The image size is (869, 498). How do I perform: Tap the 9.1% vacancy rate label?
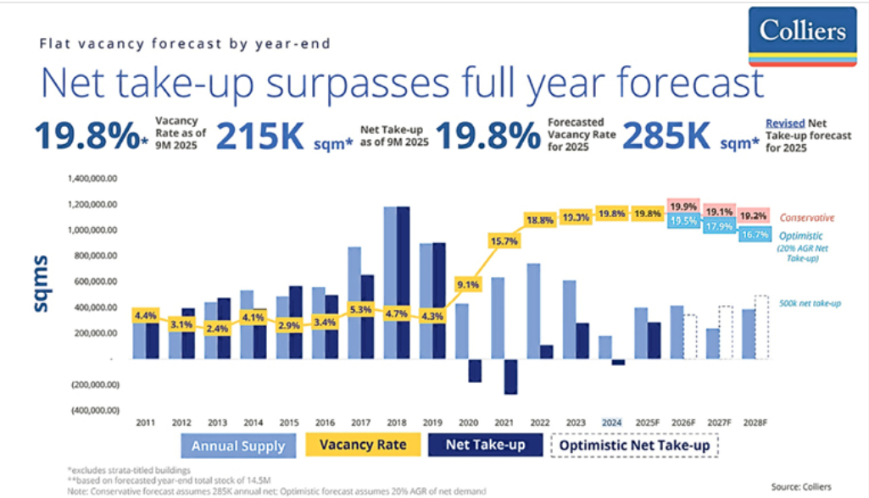coord(468,285)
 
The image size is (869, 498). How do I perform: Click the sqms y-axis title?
coord(42,282)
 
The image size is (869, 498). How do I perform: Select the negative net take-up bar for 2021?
coord(510,377)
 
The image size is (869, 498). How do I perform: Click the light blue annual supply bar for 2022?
coord(533,311)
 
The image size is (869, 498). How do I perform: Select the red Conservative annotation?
coord(807,217)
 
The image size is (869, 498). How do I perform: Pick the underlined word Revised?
coord(783,122)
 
